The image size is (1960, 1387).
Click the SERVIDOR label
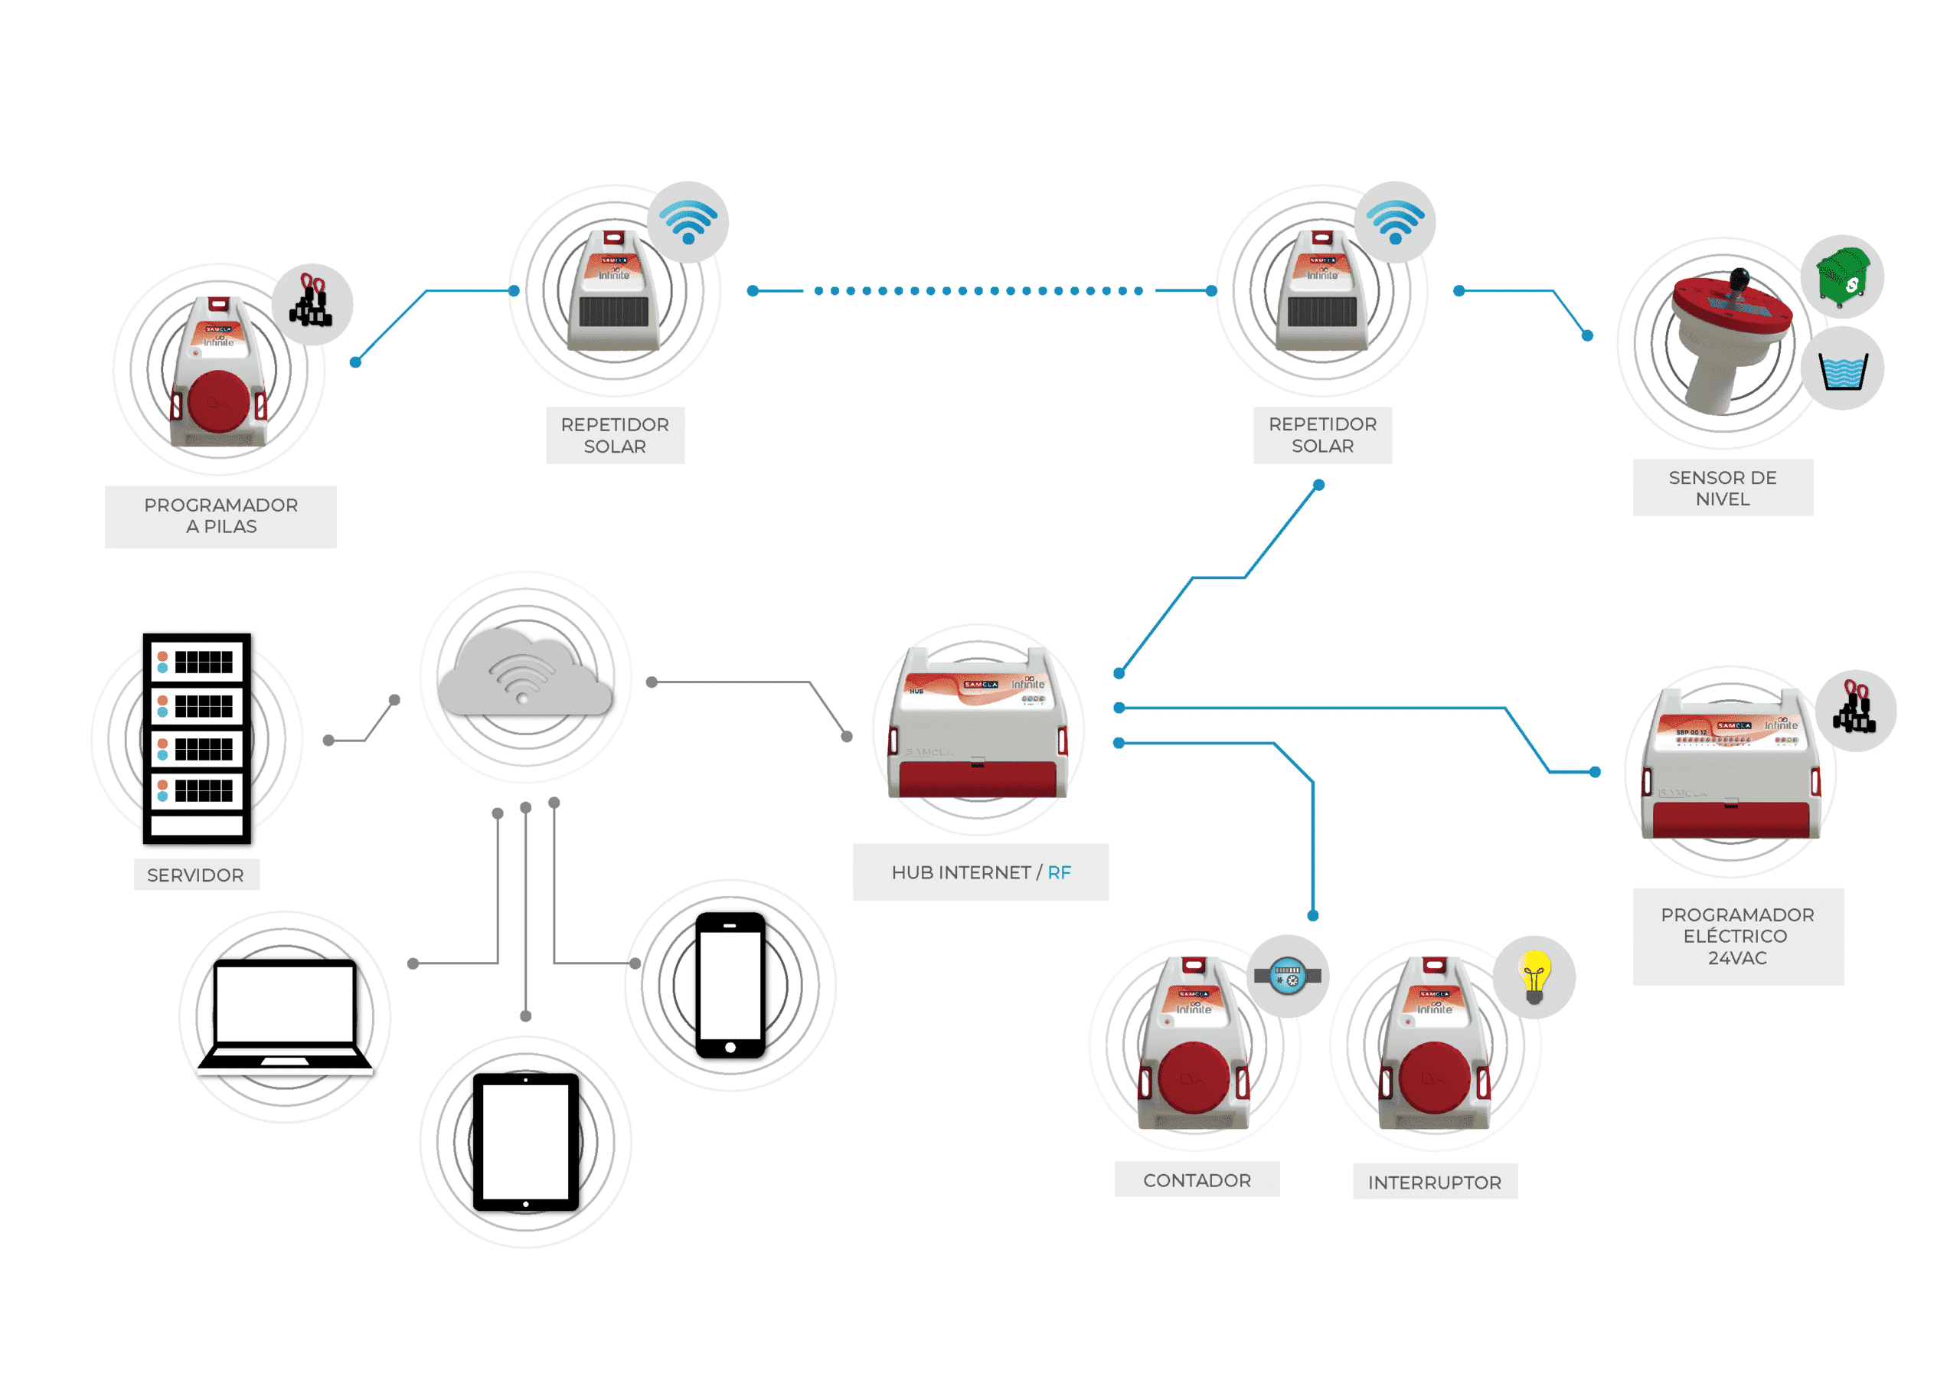pyautogui.click(x=195, y=875)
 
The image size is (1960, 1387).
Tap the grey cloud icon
pyautogui.click(x=525, y=673)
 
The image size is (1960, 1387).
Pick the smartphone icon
pyautogui.click(x=730, y=985)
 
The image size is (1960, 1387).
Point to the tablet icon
pyautogui.click(x=526, y=1142)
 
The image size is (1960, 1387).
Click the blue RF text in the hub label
pyautogui.click(x=1059, y=872)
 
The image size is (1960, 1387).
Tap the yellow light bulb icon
pyautogui.click(x=1534, y=977)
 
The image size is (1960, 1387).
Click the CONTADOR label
pyautogui.click(x=1197, y=1179)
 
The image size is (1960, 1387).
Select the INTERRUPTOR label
pyautogui.click(x=1434, y=1182)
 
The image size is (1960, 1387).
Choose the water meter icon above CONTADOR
pyautogui.click(x=1287, y=975)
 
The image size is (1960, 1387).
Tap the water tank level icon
pyautogui.click(x=1842, y=370)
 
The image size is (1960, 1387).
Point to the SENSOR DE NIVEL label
pyautogui.click(x=1723, y=488)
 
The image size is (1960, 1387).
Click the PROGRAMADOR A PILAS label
pyautogui.click(x=221, y=516)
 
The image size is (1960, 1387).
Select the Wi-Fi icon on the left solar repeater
pyautogui.click(x=688, y=221)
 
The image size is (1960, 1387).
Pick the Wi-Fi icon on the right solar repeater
pyautogui.click(x=1395, y=221)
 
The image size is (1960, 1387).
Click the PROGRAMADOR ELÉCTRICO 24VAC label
pyautogui.click(x=1737, y=936)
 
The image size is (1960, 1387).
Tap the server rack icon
pyautogui.click(x=198, y=738)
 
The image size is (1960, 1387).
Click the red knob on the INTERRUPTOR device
pyautogui.click(x=1435, y=1078)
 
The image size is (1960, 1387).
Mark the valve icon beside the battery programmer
pyautogui.click(x=312, y=303)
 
